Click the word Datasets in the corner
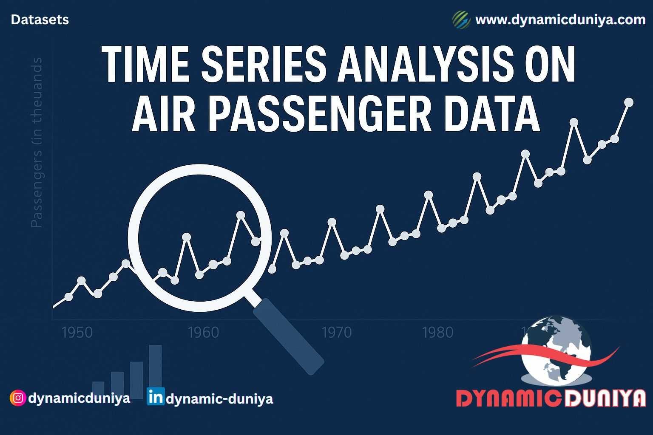point(40,20)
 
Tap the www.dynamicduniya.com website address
point(560,20)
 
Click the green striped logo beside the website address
point(461,20)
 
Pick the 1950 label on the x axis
point(77,332)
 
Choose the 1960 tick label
point(203,332)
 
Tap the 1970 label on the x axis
point(337,332)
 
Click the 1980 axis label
point(438,332)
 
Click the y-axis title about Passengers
point(37,143)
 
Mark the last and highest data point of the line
point(628,102)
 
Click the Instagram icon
point(17,398)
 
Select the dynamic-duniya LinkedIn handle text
point(219,399)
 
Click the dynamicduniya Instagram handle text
point(79,398)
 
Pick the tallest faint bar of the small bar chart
point(155,371)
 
